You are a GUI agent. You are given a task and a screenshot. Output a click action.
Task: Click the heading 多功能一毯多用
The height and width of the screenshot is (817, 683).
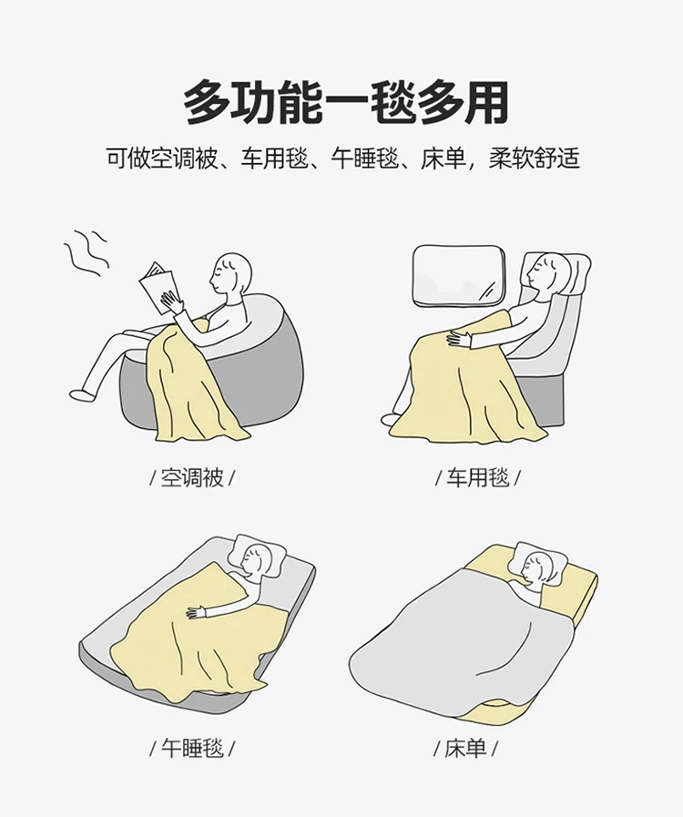345,101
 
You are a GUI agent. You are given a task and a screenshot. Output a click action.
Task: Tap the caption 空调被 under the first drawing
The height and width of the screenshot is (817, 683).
192,477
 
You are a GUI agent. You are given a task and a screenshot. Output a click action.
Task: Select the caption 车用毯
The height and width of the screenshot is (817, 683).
477,477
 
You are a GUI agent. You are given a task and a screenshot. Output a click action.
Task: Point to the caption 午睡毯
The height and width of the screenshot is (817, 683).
192,748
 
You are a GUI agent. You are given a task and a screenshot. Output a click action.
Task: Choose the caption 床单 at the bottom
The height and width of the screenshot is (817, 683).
464,748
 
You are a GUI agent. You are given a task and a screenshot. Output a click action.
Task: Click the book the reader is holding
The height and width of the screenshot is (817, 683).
158,288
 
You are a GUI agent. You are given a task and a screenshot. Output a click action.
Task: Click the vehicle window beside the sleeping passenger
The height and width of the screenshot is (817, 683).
458,274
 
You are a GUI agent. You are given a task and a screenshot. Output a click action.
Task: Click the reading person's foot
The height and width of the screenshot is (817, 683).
81,393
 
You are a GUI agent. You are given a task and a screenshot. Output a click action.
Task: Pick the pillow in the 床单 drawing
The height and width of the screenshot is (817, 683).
540,560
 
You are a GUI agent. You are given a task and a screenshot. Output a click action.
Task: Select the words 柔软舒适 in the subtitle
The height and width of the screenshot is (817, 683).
534,158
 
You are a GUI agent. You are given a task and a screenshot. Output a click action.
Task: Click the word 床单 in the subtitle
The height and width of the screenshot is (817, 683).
443,158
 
